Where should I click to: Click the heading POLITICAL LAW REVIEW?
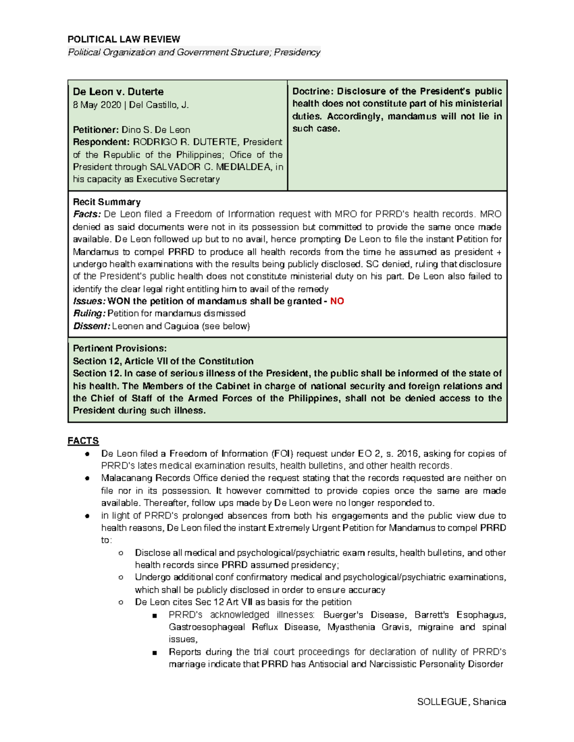124,39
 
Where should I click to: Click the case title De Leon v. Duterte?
118,92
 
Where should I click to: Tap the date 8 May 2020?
97,105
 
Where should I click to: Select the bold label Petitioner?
96,130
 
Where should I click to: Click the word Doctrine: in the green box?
312,91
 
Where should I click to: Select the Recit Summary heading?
107,202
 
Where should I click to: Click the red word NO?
337,301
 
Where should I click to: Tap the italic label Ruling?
89,313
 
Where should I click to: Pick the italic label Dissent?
91,326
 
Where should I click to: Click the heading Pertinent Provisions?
120,348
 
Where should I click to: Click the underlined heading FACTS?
83,441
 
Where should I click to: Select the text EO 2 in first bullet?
369,453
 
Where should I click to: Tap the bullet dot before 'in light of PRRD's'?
88,516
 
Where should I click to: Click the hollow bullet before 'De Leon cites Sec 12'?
121,602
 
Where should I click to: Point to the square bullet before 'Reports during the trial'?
155,652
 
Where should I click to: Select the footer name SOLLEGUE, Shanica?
461,701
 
